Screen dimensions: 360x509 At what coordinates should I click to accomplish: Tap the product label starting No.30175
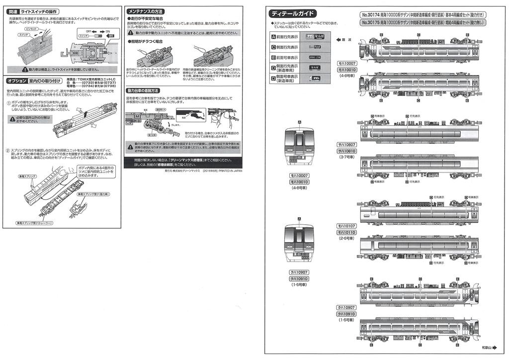tap(424, 22)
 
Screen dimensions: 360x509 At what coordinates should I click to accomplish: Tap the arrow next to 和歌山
tap(501, 347)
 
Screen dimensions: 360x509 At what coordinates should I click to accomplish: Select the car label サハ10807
tap(346, 144)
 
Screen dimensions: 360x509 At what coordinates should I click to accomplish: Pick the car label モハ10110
tap(346, 232)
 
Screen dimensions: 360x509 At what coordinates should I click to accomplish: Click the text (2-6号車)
tap(346, 239)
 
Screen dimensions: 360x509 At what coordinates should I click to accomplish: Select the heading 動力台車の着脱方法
tap(143, 91)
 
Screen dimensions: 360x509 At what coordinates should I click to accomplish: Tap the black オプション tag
tap(17, 81)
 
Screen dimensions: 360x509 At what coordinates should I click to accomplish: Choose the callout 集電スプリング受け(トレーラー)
tap(34, 223)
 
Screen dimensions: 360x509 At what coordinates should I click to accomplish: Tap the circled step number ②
tap(8, 151)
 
